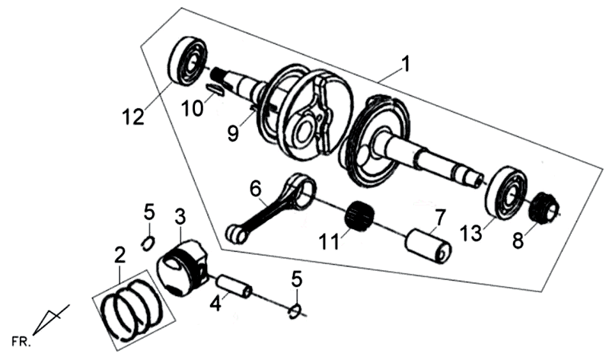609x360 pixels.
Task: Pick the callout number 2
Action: coord(120,254)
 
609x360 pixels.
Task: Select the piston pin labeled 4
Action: coord(234,288)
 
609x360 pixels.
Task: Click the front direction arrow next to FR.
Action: coord(53,317)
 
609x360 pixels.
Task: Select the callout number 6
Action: coord(254,187)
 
